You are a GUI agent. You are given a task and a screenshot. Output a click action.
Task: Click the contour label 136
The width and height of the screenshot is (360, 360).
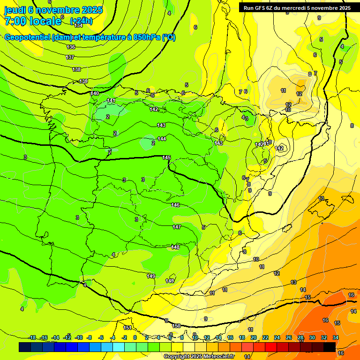pos(71,47)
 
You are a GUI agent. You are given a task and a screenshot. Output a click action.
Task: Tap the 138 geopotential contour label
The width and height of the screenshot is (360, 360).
pos(76,69)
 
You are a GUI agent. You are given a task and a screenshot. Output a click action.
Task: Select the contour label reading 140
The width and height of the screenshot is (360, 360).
pos(95,93)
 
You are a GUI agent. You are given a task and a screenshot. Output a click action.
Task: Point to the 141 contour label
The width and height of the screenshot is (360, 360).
pos(111,101)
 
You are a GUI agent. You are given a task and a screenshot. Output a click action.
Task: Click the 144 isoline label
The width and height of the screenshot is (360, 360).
pos(162,139)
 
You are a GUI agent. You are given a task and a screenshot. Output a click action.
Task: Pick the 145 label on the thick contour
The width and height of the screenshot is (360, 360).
pos(166,157)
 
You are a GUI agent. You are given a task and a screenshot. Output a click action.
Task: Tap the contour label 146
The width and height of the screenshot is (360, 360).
pos(175,205)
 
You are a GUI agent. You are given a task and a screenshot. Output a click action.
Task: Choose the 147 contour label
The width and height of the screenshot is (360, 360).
pos(177,227)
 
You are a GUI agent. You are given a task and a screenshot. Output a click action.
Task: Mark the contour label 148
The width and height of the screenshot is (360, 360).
pos(176,247)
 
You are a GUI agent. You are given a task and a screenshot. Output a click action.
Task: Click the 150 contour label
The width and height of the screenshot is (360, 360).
pos(176,326)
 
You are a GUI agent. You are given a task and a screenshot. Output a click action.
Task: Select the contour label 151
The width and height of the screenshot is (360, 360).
pos(127,328)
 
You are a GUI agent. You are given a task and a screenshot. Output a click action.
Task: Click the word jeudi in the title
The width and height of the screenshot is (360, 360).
pos(15,9)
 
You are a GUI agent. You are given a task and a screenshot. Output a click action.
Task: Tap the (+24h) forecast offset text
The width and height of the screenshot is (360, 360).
pos(81,21)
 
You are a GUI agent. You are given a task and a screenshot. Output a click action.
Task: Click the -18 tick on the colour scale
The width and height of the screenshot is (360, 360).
pos(32,337)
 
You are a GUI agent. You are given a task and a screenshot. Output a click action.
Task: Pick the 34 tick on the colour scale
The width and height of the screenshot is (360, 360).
pos(336,337)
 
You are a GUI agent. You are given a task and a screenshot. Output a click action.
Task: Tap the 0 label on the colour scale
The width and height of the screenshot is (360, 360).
pos(135,337)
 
